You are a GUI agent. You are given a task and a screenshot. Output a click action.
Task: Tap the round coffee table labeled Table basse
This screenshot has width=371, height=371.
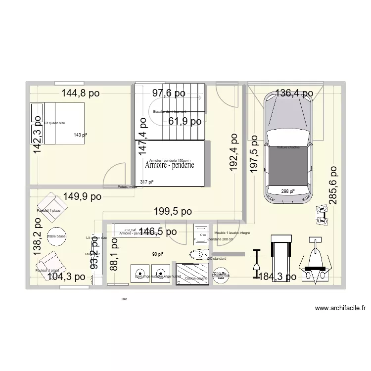click(x=57, y=236)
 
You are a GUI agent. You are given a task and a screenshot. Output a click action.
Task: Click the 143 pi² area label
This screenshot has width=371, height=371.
click(x=80, y=135)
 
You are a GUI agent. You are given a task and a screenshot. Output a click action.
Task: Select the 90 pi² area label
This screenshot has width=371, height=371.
click(x=157, y=254)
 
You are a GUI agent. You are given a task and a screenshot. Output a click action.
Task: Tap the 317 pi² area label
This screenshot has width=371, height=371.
click(x=147, y=182)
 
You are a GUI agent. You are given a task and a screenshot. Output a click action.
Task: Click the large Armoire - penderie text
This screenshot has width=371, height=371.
click(x=169, y=166)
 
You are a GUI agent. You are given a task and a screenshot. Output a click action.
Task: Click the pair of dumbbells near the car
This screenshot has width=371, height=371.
click(x=322, y=215)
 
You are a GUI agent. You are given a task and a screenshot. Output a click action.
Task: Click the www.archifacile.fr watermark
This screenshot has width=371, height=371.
click(x=340, y=309)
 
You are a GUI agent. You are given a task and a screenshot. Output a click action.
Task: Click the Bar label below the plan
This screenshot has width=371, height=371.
click(x=124, y=299)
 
